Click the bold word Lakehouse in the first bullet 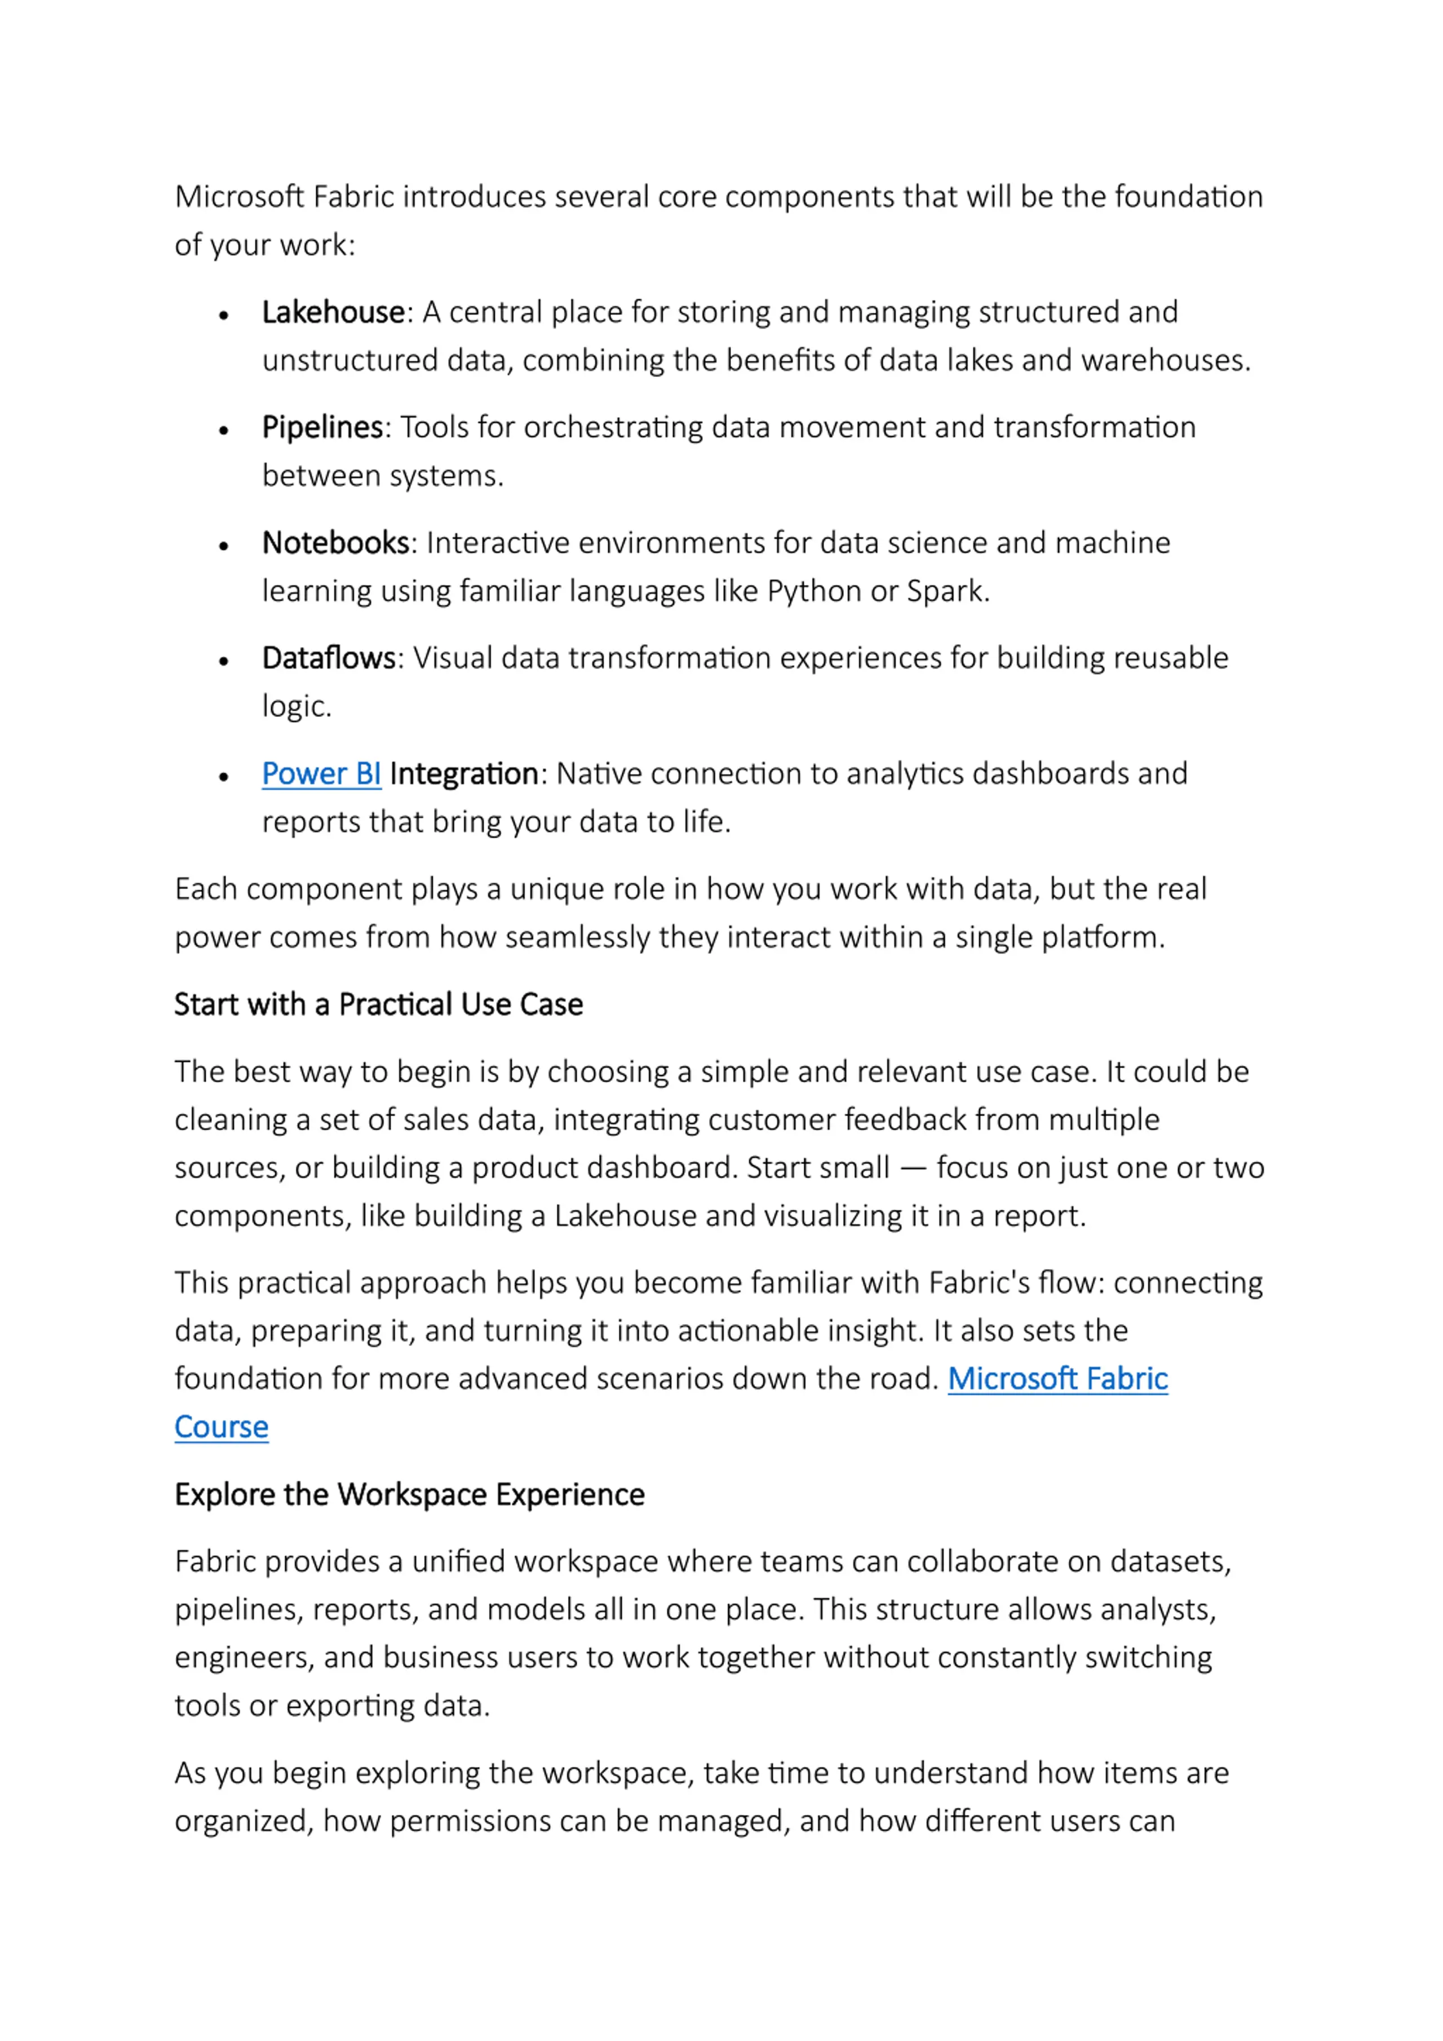point(333,313)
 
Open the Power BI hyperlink point(321,774)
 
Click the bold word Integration point(463,774)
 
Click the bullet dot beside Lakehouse point(224,316)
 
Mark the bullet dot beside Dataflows point(224,661)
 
